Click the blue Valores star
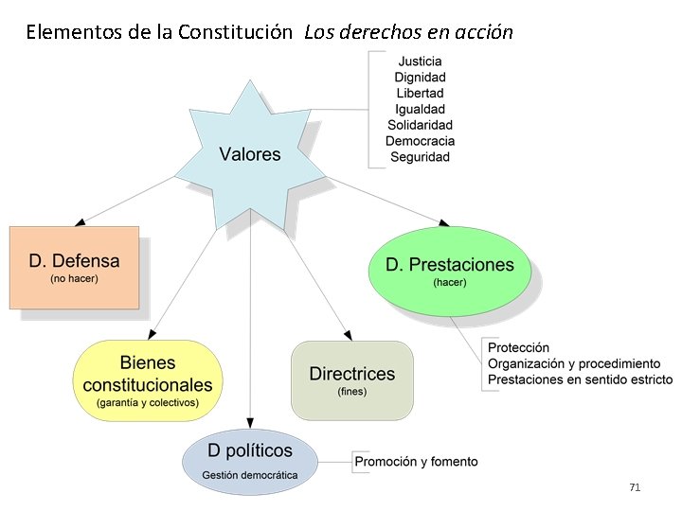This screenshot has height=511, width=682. pos(250,154)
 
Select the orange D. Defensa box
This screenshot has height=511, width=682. pos(74,267)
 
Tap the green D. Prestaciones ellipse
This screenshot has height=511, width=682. pos(449,271)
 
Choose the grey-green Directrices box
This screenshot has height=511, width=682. pos(352,379)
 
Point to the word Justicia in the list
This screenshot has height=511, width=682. pos(420,62)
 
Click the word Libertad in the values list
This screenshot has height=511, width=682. pos(420,94)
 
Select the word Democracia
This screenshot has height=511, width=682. pos(420,141)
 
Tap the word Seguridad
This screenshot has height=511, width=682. pos(420,157)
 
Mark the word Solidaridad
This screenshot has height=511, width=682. pos(420,125)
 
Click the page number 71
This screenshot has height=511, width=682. pos(635,487)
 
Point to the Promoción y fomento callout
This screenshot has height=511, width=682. pos(416,462)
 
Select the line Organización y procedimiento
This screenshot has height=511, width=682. pos(574,364)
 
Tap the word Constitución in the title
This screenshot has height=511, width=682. pos(235,32)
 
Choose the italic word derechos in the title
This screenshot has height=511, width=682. pos(377,32)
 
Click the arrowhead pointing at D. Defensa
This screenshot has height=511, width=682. pos(81,221)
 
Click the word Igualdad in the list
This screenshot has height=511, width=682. pos(420,109)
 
